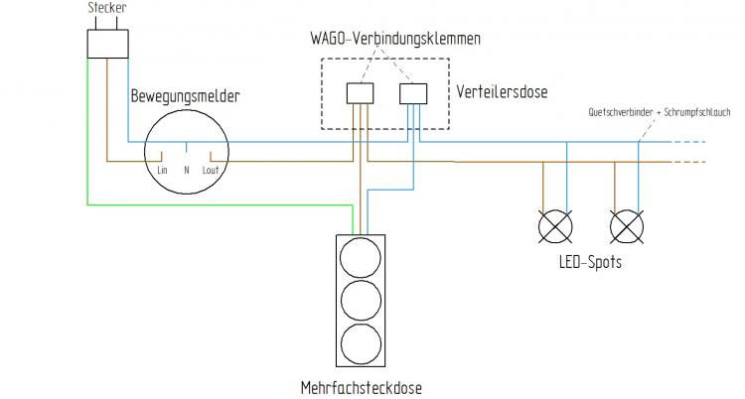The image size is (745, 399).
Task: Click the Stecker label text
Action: click(106, 8)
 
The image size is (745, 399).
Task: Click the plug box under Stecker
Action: click(107, 44)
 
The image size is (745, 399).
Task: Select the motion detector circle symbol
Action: click(187, 151)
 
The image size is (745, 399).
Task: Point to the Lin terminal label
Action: click(163, 170)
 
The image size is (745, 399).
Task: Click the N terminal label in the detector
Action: click(187, 170)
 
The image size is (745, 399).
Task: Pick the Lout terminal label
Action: click(210, 170)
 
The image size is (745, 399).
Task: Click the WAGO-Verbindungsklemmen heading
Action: click(390, 39)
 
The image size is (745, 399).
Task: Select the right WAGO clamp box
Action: click(412, 93)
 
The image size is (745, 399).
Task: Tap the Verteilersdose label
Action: click(503, 91)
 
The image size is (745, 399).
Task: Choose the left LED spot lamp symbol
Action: click(554, 227)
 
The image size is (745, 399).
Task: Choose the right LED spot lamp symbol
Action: click(627, 227)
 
